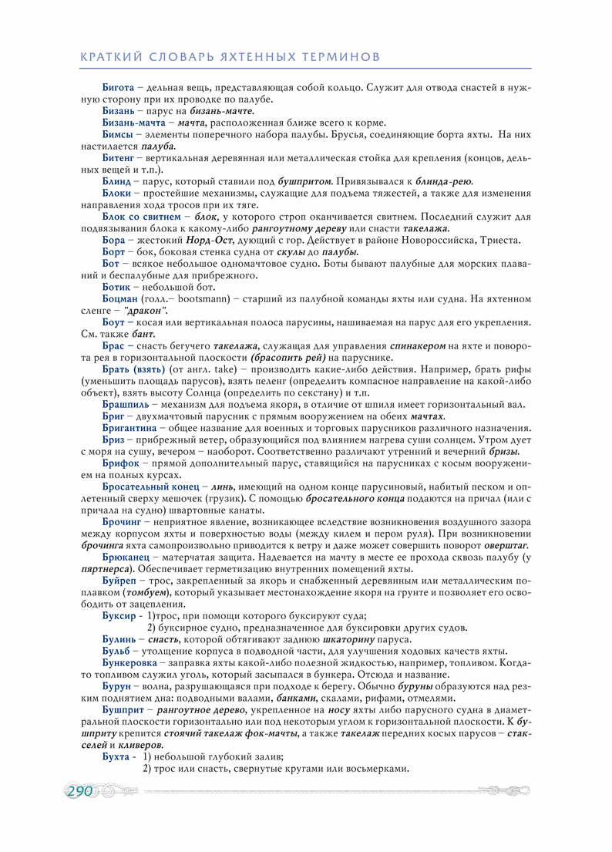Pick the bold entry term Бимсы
[x=118, y=133]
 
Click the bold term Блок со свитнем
[x=140, y=217]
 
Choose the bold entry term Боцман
[x=120, y=297]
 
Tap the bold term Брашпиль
[x=126, y=403]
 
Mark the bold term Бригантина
[x=129, y=427]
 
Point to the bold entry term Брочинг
[x=121, y=522]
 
